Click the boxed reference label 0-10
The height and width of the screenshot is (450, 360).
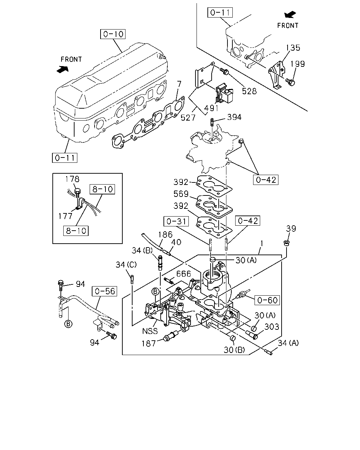[x=113, y=34]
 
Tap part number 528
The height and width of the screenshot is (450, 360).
[x=249, y=91]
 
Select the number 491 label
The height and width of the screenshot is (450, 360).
[x=211, y=108]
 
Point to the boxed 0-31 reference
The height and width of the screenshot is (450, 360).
[x=176, y=221]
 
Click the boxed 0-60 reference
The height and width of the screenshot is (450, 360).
[x=267, y=300]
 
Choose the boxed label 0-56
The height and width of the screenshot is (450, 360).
[x=105, y=291]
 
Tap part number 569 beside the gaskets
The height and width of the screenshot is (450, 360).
[x=181, y=194]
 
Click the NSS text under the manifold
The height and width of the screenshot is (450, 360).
[x=150, y=331]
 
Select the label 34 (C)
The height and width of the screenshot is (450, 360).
[x=126, y=265]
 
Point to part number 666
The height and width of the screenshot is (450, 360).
[x=184, y=274]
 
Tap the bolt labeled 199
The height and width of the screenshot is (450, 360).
[x=290, y=82]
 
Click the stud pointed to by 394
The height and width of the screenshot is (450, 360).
[x=212, y=122]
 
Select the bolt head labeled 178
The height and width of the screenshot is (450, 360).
[x=77, y=191]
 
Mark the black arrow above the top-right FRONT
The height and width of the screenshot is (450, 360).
[x=290, y=15]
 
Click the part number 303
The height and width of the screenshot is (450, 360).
[x=272, y=327]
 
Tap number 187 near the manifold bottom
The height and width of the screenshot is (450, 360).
[x=148, y=343]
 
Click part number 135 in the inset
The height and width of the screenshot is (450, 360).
[x=293, y=48]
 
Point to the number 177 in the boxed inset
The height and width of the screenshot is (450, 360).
[x=65, y=216]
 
